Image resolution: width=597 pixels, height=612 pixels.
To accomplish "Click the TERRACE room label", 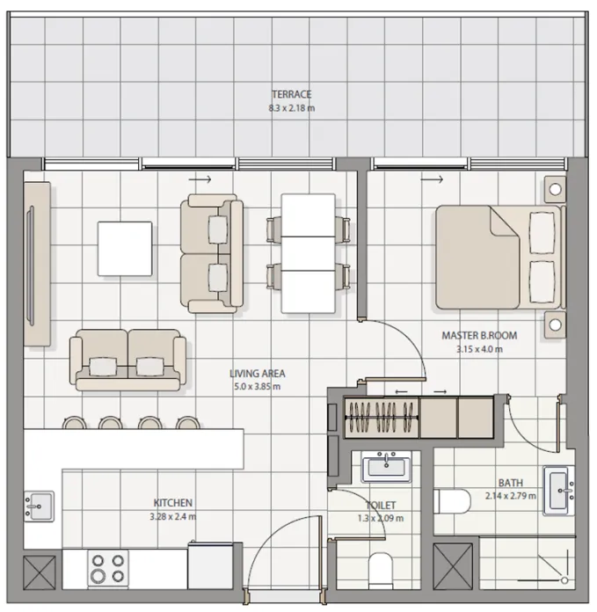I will coord(291,95).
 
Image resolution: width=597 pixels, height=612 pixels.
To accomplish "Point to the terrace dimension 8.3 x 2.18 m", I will coord(291,108).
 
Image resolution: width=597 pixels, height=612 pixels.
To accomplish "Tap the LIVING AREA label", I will coord(258,373).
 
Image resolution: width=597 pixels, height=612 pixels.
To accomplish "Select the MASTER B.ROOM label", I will coord(479,336).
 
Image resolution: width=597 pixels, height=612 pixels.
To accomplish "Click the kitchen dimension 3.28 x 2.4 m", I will coord(174,516).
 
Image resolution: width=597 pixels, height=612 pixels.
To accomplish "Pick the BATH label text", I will coord(510,483).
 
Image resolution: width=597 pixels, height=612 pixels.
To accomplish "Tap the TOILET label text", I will coord(382,506).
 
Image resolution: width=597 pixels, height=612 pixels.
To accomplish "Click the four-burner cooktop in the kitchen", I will coord(107,569).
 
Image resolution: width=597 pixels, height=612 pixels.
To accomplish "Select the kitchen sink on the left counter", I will coord(39,506).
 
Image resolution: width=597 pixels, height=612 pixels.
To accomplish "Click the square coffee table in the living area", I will coord(124,248).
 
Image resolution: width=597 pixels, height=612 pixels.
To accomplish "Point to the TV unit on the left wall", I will coord(36,264).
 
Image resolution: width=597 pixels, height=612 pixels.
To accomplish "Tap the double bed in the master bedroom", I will coord(497,257).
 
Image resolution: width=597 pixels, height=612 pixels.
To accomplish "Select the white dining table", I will coord(308,253).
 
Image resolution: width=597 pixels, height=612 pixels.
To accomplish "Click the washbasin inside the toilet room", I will coord(384,466).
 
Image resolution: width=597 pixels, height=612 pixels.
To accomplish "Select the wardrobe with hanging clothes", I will coord(380,417).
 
